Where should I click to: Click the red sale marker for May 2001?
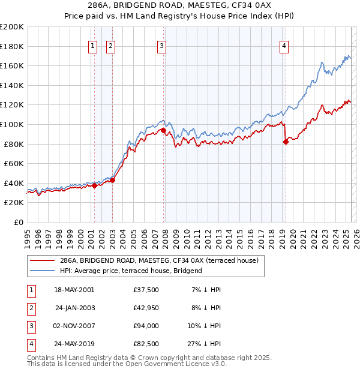tap(94, 185)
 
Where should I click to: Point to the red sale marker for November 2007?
tap(163, 130)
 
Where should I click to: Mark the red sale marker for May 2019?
tap(285, 142)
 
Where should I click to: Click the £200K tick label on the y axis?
tap(12, 27)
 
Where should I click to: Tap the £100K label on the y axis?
tap(12, 124)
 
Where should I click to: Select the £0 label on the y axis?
tap(18, 222)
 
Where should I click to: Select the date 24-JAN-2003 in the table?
tap(75, 308)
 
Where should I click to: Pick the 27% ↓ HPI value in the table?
tap(204, 344)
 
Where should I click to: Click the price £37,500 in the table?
tap(145, 290)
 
